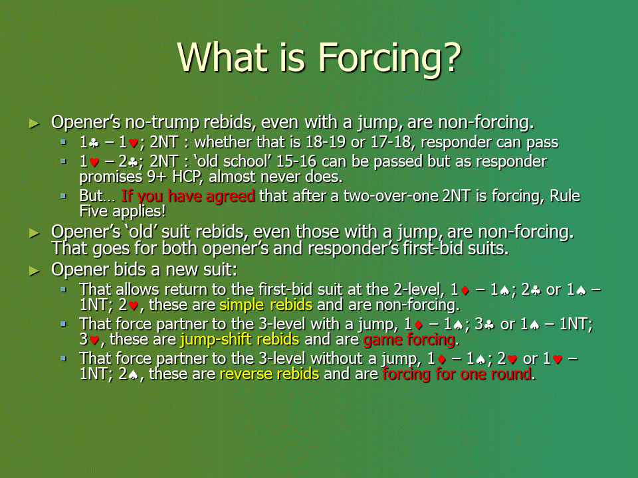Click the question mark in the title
[451, 57]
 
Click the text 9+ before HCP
[156, 177]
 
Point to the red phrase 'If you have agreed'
[188, 196]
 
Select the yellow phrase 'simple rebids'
[266, 305]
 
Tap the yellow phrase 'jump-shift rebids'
[240, 339]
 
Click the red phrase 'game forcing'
[409, 339]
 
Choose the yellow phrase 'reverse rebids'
[269, 374]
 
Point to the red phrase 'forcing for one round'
[457, 374]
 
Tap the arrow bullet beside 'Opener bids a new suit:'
[35, 271]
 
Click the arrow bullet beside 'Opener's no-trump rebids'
[35, 123]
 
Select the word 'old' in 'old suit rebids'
[140, 232]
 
